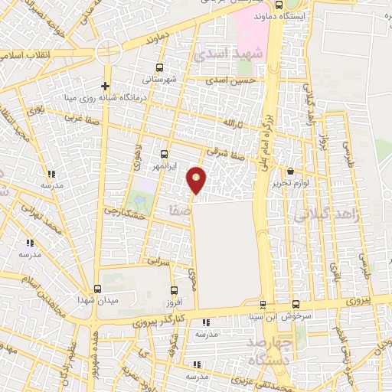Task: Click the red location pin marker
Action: pos(197,179)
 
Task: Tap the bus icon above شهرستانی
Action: pos(159,67)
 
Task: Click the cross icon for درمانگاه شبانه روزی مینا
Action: pos(105,85)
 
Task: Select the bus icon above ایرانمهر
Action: pos(164,154)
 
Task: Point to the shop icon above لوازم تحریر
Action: pos(290,171)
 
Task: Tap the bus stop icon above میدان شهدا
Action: pos(97,289)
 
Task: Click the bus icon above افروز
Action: pos(175,290)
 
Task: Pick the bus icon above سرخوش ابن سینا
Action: pos(263,304)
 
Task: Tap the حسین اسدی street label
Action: pos(233,79)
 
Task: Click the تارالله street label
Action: pos(231,122)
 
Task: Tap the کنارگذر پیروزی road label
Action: pos(160,318)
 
